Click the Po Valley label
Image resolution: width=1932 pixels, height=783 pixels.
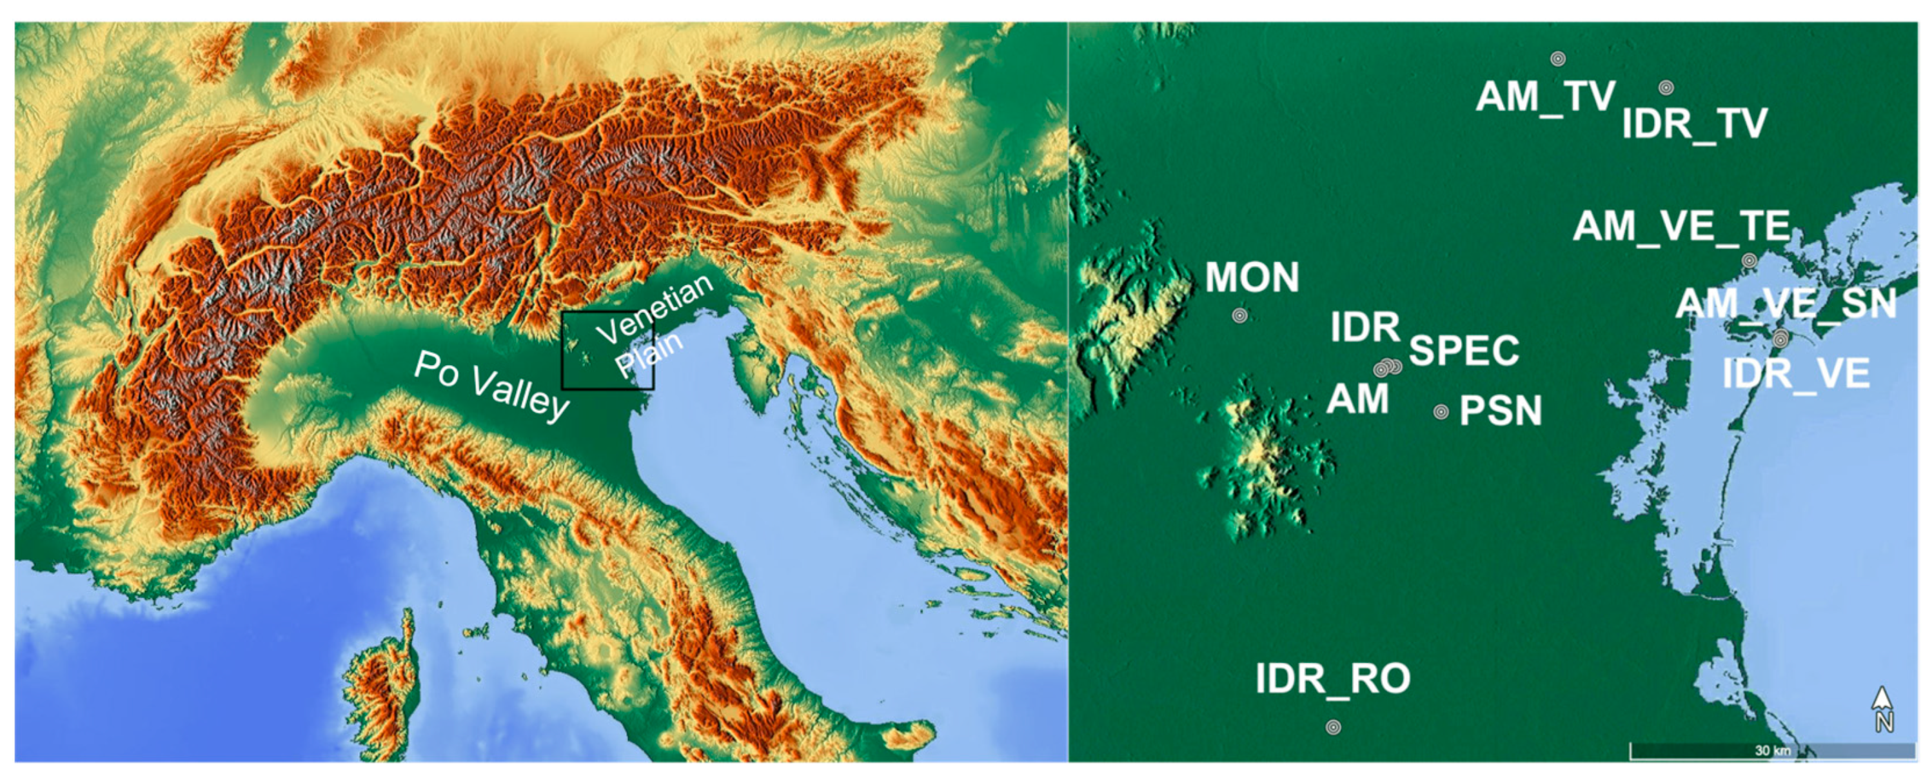coord(492,386)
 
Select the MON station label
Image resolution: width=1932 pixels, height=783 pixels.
coord(1252,277)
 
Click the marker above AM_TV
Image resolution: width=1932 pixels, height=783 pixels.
coord(1558,59)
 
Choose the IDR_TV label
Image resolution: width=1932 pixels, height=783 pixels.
coord(1694,124)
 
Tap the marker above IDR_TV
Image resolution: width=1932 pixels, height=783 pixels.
coord(1666,88)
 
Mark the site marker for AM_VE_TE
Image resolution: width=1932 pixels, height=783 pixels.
coord(1749,261)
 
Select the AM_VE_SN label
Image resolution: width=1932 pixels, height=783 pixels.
coord(1786,304)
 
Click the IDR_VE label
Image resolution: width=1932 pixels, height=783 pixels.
coord(1795,373)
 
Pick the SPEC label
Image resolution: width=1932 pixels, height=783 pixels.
coord(1464,350)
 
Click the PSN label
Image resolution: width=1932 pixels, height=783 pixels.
coord(1500,411)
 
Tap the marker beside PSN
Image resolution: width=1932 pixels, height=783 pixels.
coord(1441,411)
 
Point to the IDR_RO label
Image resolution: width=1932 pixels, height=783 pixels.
coord(1333,679)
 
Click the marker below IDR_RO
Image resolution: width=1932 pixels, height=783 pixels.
coord(1333,727)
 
